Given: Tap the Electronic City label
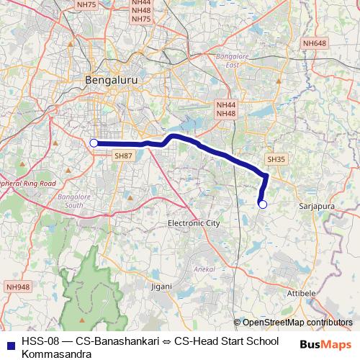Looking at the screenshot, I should click(x=193, y=223).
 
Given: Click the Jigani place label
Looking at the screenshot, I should click(x=162, y=287).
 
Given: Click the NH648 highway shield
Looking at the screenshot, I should click(x=314, y=44).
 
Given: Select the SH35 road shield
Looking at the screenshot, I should click(x=276, y=159).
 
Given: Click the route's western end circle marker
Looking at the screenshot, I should click(x=94, y=143).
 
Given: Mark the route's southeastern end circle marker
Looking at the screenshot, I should click(x=263, y=204).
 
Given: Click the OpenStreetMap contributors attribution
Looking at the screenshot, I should click(x=297, y=322).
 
